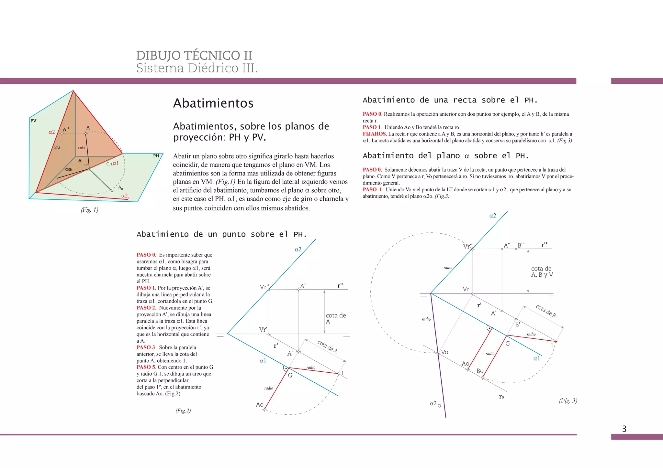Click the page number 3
click(624, 429)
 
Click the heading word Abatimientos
click(213, 103)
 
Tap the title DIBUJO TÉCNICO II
click(194, 55)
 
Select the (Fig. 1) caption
click(90, 210)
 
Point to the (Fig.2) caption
click(183, 410)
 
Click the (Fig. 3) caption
click(568, 400)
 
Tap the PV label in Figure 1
click(33, 121)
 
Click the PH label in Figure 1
click(156, 156)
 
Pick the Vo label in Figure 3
click(444, 352)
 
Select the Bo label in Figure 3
click(480, 371)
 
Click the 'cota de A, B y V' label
click(542, 271)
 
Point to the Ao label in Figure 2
click(260, 404)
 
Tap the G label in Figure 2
click(290, 375)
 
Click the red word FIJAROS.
click(375, 134)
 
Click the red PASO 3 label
click(146, 347)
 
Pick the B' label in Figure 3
click(517, 325)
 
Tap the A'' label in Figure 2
click(303, 286)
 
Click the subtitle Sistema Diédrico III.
click(197, 68)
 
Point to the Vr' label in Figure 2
click(263, 329)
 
